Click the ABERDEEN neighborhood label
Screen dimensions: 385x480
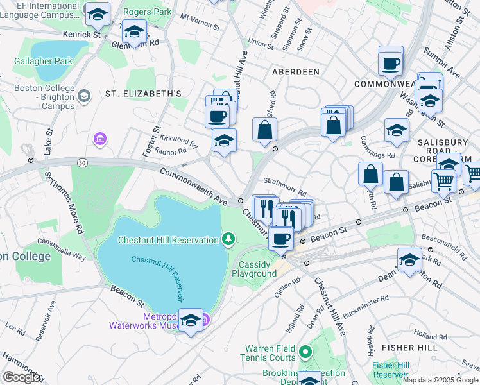coord(295,72)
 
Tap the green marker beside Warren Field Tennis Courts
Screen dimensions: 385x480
coord(305,352)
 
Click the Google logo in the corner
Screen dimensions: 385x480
coord(22,377)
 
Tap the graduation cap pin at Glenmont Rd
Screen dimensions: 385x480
coord(133,31)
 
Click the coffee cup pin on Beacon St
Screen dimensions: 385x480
coord(280,238)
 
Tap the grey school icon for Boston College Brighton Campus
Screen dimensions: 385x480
coord(83,96)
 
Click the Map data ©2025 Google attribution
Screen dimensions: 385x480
coord(440,380)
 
